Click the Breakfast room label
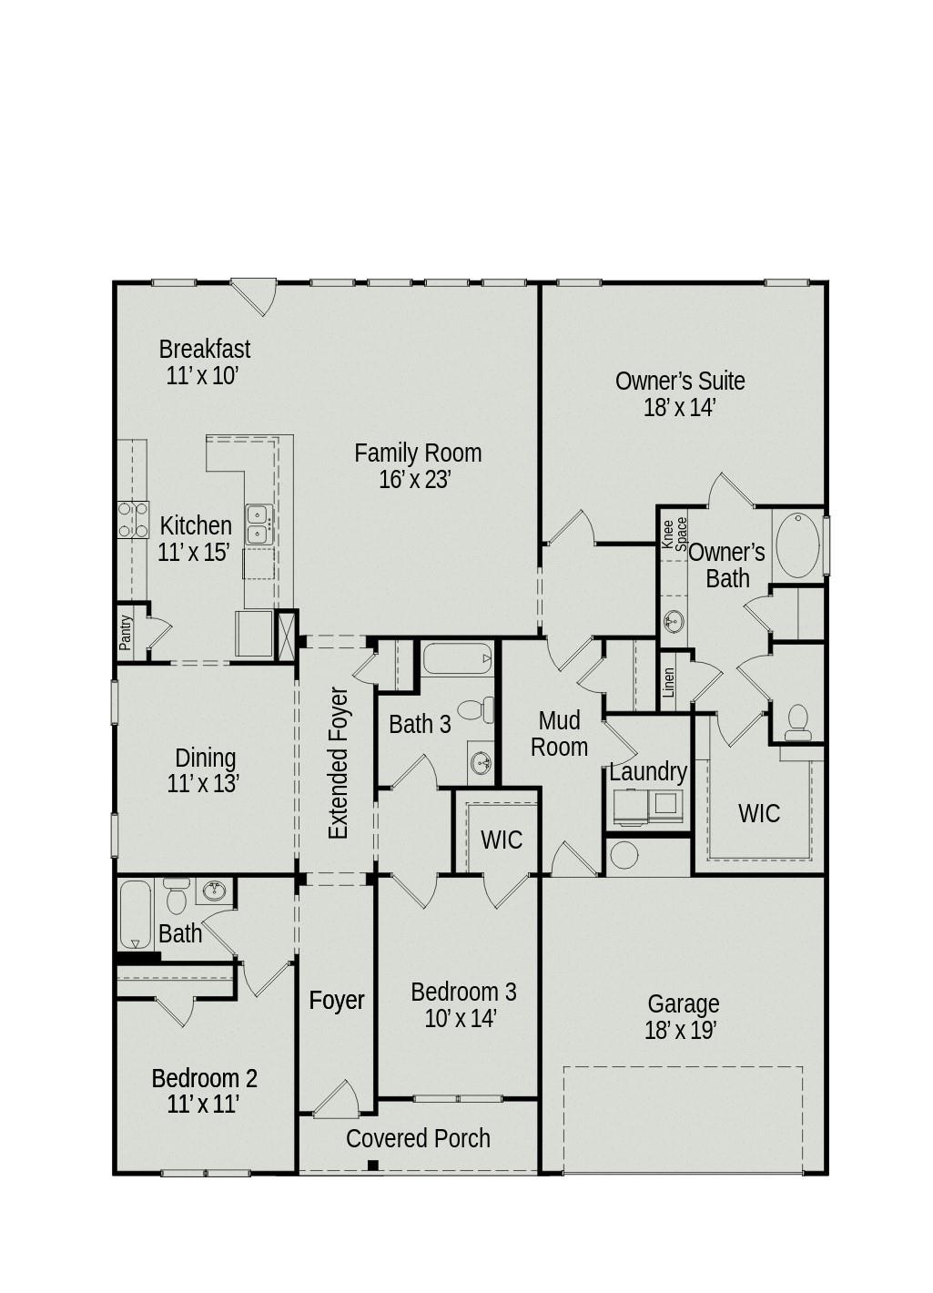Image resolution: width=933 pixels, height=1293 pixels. pos(204,349)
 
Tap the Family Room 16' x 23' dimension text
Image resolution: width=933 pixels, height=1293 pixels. pos(415,480)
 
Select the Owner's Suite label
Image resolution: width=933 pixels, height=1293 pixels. pos(679,381)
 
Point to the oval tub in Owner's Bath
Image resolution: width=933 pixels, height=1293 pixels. pos(798,545)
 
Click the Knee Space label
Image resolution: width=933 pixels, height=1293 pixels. pos(674,534)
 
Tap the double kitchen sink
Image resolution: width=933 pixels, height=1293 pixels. pos(259,524)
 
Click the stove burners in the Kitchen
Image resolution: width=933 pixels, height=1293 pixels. pos(133,520)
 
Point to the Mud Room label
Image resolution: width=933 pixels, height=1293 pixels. pos(559,734)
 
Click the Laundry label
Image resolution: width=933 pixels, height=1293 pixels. pos(647,771)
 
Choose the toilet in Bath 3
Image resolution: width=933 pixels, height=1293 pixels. pos(474,708)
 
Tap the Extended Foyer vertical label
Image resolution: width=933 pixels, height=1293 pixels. pos(339,763)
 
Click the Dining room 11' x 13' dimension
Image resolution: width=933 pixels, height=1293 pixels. pos(203,784)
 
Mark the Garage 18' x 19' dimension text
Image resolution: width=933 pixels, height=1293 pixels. pos(681,1031)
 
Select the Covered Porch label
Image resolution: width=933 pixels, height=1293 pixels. pos(418,1138)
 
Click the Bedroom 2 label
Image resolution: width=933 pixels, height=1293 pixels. pos(204,1078)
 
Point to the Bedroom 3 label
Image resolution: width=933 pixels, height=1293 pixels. pos(463,992)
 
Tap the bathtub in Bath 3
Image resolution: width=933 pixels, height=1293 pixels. pos(457,658)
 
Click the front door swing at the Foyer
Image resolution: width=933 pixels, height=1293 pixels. pos(338,1100)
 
